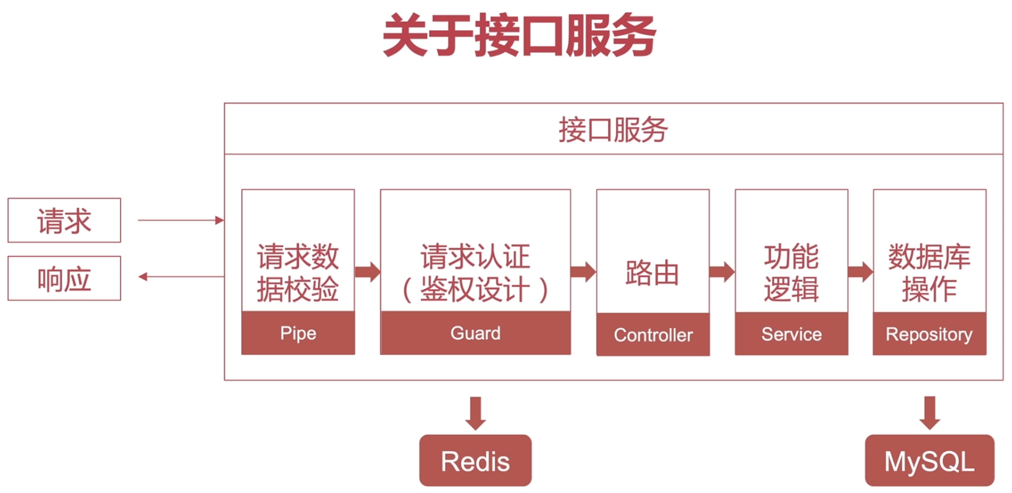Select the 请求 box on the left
[64, 220]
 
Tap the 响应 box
[64, 278]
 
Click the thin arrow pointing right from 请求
[180, 220]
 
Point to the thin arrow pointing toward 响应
[180, 277]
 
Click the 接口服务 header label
[613, 130]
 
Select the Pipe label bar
[298, 333]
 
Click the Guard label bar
[475, 333]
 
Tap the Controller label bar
[653, 334]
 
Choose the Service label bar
[791, 333]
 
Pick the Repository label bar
[929, 333]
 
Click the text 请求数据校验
[298, 273]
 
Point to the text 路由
[653, 273]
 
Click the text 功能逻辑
[791, 273]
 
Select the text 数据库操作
[929, 273]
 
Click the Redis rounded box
[475, 461]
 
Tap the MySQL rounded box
[929, 461]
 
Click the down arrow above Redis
[475, 413]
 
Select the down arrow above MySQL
[930, 413]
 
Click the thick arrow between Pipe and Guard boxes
[368, 272]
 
